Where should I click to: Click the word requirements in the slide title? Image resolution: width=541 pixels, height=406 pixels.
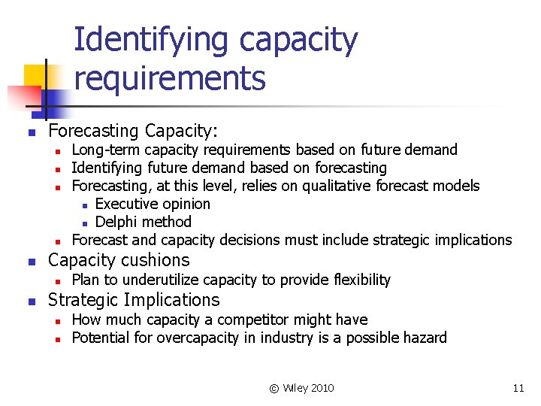pos(170,77)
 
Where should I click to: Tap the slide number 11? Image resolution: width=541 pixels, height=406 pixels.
pos(518,388)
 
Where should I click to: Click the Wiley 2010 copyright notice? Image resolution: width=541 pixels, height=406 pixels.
pos(301,388)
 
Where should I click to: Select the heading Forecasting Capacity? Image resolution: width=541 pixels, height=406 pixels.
pos(133,132)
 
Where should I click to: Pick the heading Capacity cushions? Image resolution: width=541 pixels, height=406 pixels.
pos(119,260)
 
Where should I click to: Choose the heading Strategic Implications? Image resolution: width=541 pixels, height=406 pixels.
pos(134,300)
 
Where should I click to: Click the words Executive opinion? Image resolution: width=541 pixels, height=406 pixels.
pos(153,204)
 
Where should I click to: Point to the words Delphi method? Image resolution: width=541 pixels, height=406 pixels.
pos(144,222)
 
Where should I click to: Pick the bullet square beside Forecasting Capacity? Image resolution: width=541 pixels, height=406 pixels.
pos(31,134)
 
